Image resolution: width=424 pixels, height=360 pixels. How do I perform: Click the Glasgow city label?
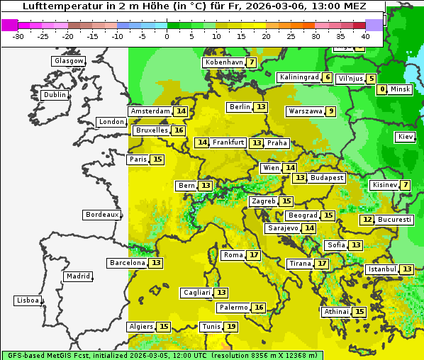point(69,61)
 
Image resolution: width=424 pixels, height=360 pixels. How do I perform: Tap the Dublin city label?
point(55,95)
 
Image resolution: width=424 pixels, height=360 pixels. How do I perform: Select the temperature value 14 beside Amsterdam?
point(181,111)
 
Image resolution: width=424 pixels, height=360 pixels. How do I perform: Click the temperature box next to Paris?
point(157,159)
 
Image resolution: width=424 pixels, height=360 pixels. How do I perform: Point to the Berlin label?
point(240,107)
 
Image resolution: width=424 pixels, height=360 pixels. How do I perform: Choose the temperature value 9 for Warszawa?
point(330,111)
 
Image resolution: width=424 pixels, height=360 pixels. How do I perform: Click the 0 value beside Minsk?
point(382,89)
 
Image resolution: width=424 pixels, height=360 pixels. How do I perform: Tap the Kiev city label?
point(406,137)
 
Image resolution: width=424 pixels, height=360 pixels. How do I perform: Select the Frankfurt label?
point(228,142)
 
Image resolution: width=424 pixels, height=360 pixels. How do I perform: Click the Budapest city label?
point(326,178)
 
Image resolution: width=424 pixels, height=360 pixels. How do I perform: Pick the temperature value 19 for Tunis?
point(231,327)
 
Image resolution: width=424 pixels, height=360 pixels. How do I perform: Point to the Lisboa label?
point(28,300)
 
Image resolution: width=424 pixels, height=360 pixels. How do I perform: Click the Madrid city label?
point(77,276)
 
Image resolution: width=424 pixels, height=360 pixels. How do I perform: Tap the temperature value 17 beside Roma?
point(254,255)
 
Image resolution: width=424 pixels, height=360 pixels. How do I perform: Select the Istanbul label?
point(382,269)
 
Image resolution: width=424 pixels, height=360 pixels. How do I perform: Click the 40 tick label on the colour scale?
point(365,36)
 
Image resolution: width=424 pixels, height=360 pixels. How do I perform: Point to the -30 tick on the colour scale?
point(18,36)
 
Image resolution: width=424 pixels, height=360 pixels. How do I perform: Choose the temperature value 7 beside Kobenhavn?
point(252,62)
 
